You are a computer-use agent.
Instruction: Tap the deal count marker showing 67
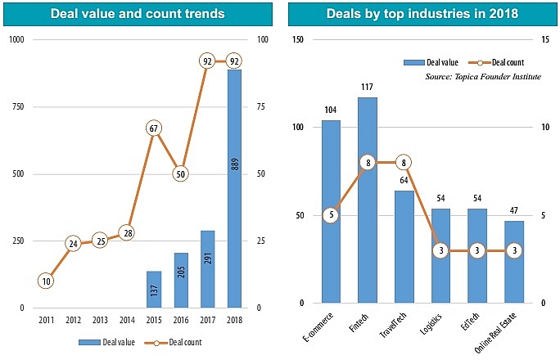tap(153, 128)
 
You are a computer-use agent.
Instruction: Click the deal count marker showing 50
tap(179, 173)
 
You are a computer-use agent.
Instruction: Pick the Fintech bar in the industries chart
tap(368, 200)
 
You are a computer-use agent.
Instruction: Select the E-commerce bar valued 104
tap(331, 212)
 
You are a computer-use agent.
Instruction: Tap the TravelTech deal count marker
tap(404, 163)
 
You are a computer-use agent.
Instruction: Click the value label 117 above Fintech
tap(368, 87)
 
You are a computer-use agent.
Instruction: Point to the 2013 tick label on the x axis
tap(100, 320)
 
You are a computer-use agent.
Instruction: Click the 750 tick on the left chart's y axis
tap(16, 107)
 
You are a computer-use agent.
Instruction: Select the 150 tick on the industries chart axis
tap(298, 40)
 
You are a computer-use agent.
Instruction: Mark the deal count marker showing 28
tap(126, 232)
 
